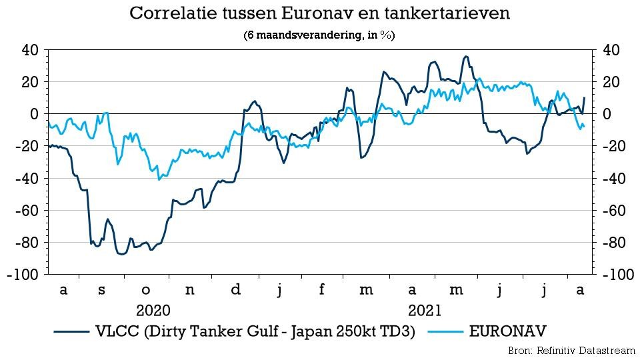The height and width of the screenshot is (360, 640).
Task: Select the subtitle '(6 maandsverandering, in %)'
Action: coord(319,36)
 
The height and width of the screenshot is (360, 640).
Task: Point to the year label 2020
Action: coord(153,310)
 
